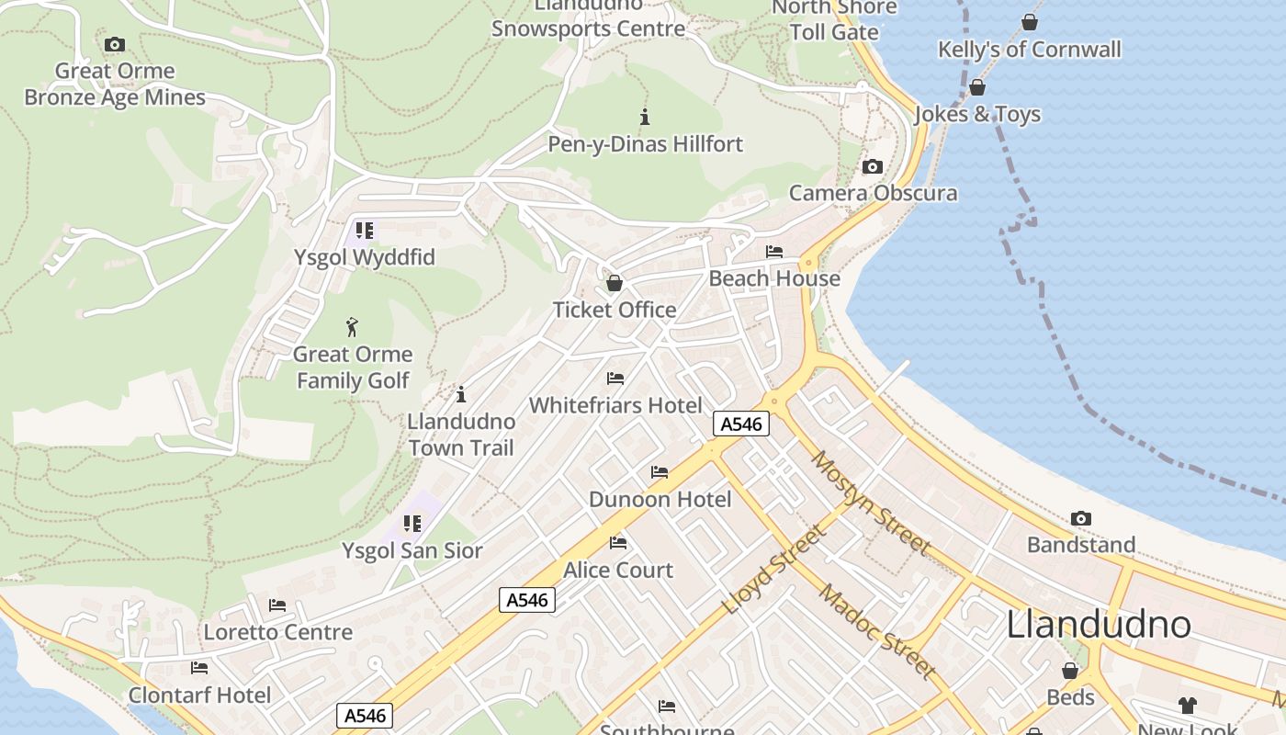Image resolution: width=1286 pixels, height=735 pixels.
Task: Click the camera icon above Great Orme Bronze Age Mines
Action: [115, 44]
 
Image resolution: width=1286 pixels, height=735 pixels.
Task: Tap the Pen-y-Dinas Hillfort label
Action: [645, 144]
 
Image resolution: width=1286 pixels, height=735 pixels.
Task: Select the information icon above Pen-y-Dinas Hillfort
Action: [645, 117]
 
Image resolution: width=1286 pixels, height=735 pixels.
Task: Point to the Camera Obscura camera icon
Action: [873, 166]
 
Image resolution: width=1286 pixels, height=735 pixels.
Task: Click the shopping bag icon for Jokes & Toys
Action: [977, 87]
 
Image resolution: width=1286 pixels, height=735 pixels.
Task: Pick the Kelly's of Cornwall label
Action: [1029, 50]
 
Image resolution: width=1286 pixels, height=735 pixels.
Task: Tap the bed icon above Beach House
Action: [774, 251]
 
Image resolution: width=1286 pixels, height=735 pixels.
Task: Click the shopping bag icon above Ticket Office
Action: [615, 282]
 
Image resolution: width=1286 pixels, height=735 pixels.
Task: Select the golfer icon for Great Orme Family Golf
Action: [352, 327]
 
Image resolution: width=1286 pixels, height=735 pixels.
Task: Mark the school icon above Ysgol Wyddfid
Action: [365, 230]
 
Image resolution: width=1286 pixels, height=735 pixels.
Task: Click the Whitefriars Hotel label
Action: [615, 405]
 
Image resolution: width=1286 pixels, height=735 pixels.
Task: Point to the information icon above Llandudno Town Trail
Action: [461, 394]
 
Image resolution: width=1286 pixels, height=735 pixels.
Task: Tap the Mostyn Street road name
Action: [870, 503]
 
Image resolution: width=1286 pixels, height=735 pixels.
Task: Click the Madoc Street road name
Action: [876, 631]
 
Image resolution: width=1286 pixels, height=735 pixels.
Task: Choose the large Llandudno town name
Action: [1099, 625]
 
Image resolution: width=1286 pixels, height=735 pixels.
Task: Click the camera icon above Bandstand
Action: [1081, 518]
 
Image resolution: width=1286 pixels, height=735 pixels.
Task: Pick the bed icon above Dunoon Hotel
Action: [660, 472]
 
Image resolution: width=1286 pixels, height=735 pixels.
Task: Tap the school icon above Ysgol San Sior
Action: [412, 524]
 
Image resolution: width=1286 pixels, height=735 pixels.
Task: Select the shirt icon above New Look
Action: [1188, 706]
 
